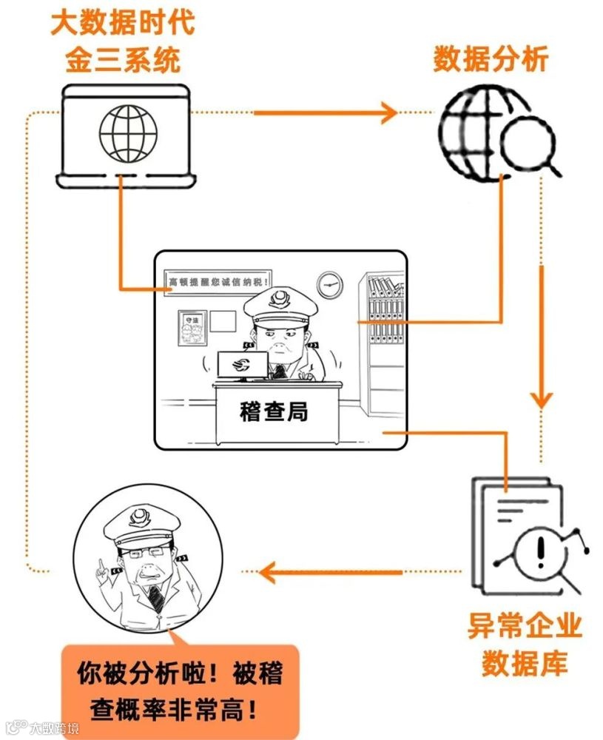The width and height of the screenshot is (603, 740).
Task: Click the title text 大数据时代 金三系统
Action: (123, 41)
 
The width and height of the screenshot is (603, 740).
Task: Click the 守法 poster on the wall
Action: (191, 327)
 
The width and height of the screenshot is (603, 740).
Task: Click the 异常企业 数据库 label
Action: (524, 645)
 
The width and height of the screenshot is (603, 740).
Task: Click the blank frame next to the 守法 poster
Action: (222, 321)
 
